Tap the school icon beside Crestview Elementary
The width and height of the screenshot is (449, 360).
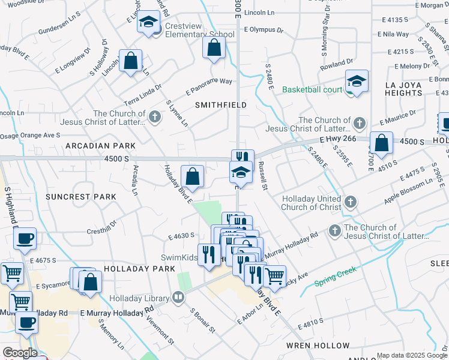pyautogui.click(x=147, y=23)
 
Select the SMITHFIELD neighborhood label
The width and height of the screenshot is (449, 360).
pyautogui.click(x=221, y=104)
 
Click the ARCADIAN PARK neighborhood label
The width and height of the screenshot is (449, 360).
pyautogui.click(x=100, y=146)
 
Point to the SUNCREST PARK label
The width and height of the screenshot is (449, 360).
pyautogui.click(x=80, y=197)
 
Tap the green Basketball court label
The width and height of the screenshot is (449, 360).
pyautogui.click(x=311, y=90)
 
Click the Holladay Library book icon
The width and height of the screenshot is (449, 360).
pyautogui.click(x=178, y=296)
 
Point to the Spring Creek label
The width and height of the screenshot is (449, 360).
pyautogui.click(x=335, y=275)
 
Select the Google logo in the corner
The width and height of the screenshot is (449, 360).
pyautogui.click(x=20, y=353)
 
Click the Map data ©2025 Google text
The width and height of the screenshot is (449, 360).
pyautogui.click(x=412, y=355)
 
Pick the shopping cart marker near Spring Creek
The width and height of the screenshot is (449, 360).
pyautogui.click(x=274, y=276)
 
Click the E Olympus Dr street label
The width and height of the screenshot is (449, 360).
pyautogui.click(x=265, y=29)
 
